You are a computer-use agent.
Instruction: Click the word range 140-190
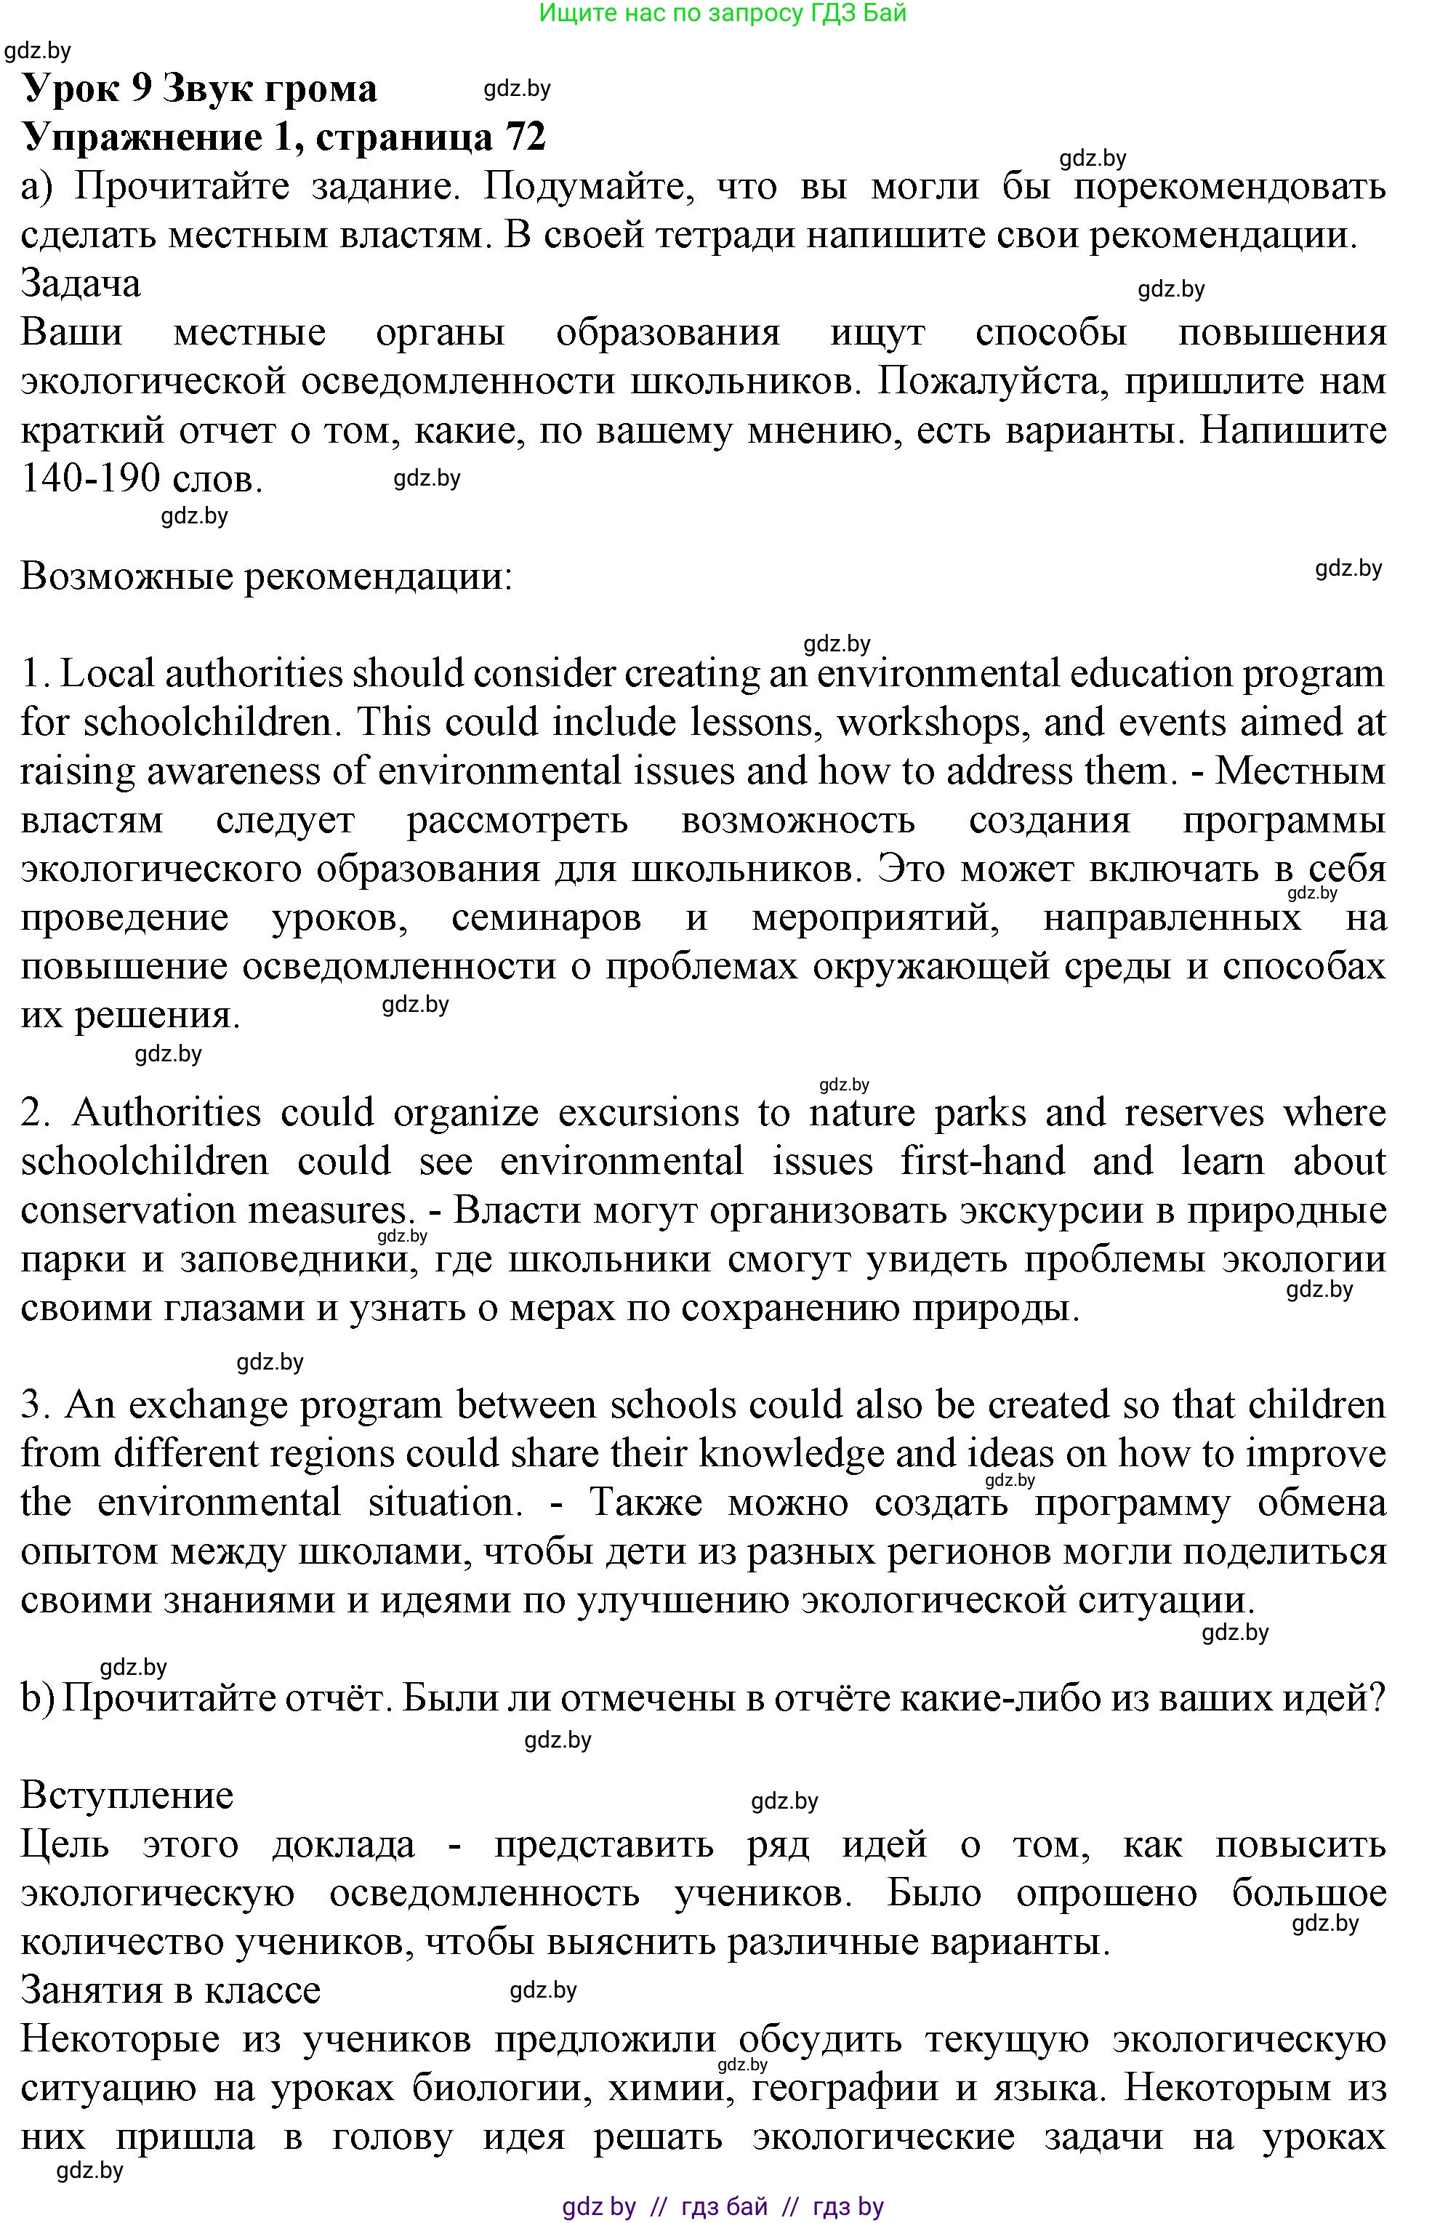tap(89, 479)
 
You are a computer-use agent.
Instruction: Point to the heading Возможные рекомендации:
tap(266, 576)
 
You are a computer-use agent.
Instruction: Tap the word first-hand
tap(982, 1162)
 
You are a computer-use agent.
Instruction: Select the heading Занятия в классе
tap(170, 1990)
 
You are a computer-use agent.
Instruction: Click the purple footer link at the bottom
tap(722, 2207)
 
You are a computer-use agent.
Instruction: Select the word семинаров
tap(546, 918)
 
